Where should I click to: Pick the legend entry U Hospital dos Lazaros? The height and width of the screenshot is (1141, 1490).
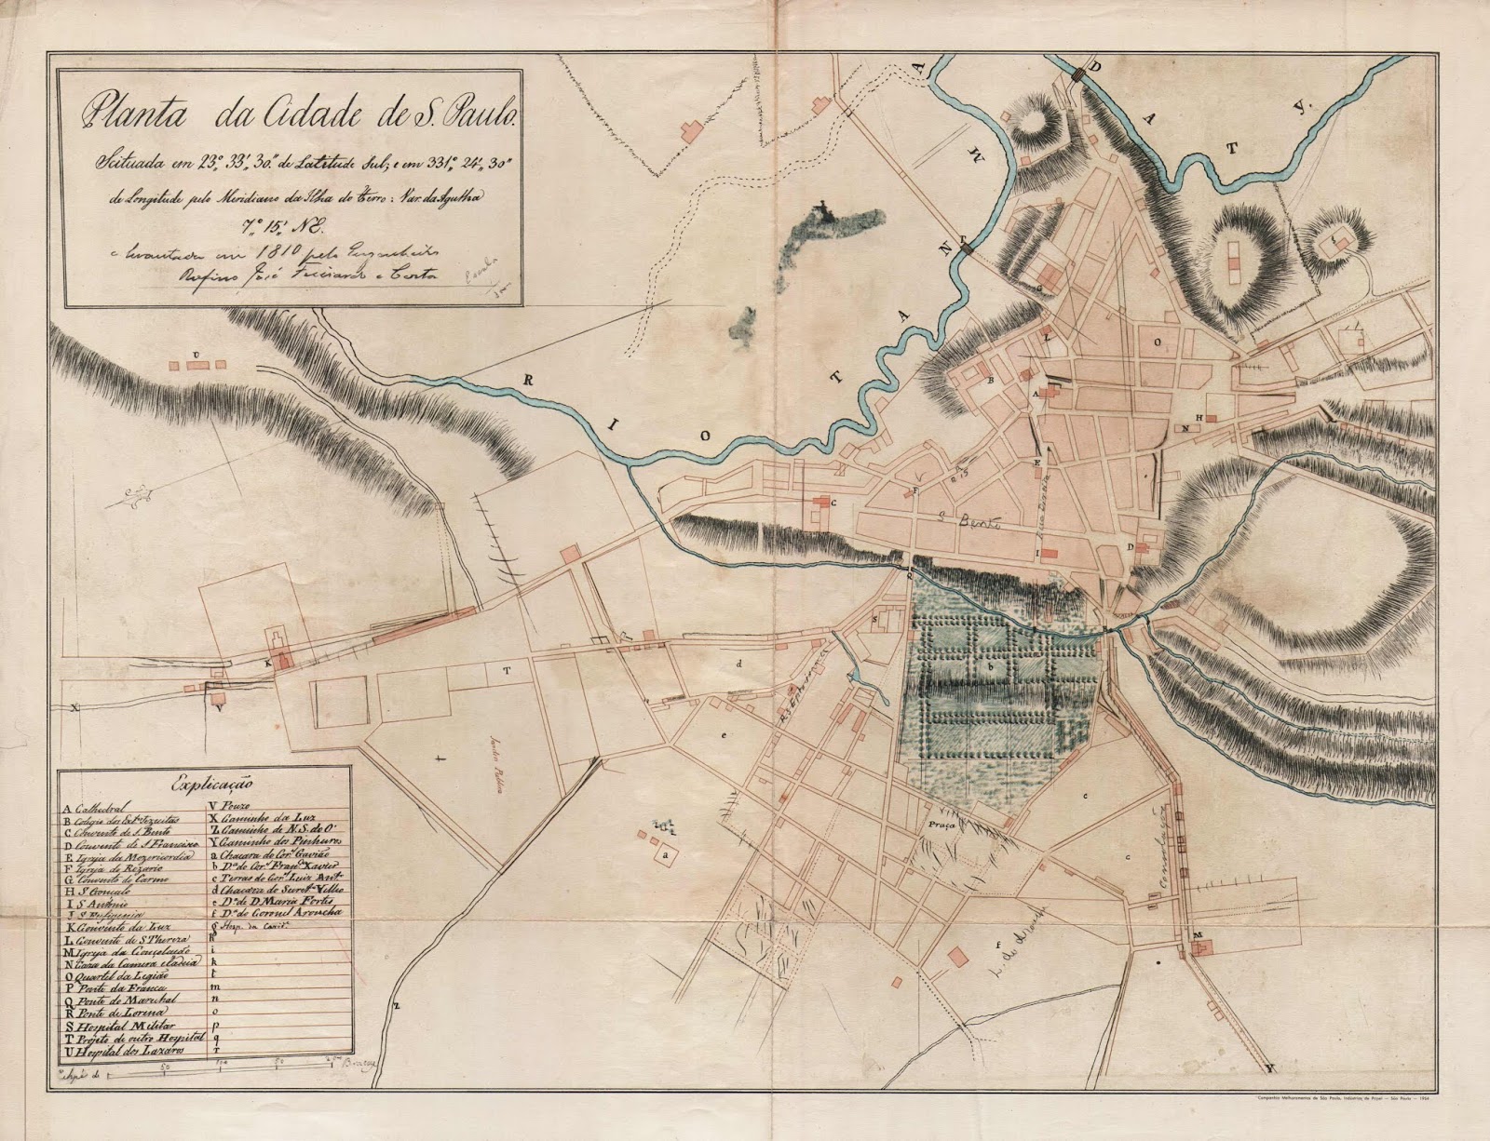[x=126, y=1049]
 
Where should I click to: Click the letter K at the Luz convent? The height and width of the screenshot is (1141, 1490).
[x=267, y=664]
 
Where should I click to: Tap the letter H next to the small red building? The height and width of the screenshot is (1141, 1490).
[x=1200, y=416]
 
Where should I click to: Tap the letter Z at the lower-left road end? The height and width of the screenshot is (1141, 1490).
[x=395, y=1006]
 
